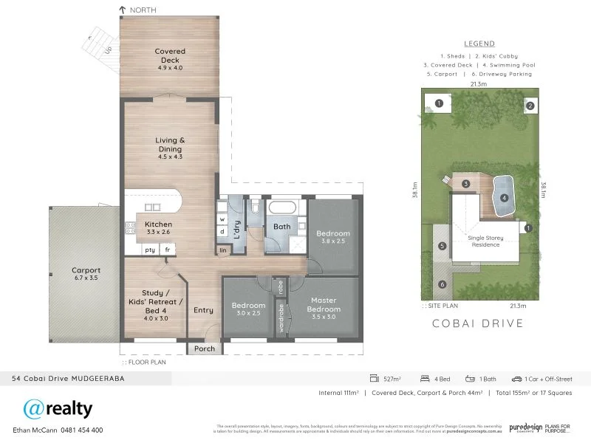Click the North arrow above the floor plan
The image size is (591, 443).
tap(123, 10)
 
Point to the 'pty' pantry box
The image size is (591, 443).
tap(150, 250)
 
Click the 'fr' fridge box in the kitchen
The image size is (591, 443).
tap(168, 250)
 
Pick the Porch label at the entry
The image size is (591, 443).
tap(204, 348)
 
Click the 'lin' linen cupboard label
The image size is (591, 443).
tap(223, 250)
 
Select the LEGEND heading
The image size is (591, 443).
tap(479, 44)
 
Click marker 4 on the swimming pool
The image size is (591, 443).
tap(505, 198)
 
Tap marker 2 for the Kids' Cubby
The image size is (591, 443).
tap(530, 106)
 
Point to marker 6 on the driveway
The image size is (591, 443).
tap(443, 284)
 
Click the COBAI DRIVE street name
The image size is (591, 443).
tap(479, 323)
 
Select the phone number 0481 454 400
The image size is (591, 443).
tap(76, 430)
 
